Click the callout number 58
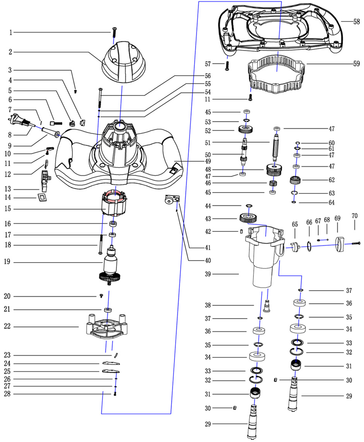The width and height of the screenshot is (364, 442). pos(356,21)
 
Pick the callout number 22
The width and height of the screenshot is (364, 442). pos(7,326)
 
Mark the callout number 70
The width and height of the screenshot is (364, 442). pos(355,216)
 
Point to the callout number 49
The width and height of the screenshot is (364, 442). pos(209,161)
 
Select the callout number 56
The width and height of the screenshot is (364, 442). pos(208,76)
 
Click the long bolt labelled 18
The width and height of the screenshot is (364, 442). pos(99,245)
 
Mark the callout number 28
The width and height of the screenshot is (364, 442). pos(7,394)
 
